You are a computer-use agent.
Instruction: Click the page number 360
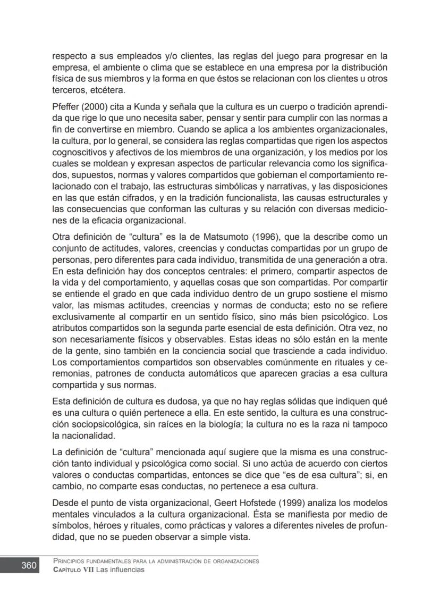click(28, 565)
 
